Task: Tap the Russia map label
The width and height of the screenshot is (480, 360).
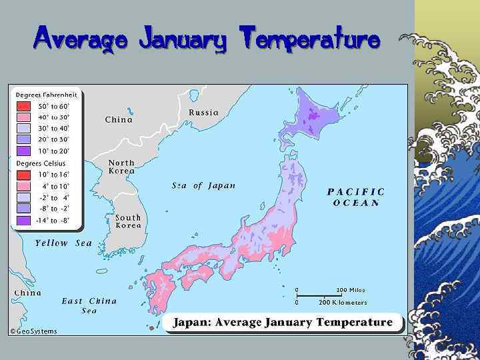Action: [x=203, y=113]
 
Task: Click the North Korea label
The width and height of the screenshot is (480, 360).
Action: [x=121, y=167]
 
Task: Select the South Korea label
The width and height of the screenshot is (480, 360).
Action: [x=128, y=221]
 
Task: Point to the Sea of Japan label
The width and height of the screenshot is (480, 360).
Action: [x=203, y=185]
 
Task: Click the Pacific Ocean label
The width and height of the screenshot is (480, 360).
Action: [x=356, y=197]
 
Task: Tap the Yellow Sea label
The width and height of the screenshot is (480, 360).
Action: [x=63, y=243]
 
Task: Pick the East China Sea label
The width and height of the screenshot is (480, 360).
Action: [x=89, y=305]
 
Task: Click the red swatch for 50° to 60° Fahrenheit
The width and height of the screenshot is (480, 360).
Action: [x=23, y=106]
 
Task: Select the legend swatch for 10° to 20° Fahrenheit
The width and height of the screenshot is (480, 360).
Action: [x=23, y=151]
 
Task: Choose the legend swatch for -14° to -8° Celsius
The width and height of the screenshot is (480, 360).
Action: [x=23, y=220]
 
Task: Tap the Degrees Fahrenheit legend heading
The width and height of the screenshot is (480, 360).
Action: [x=47, y=95]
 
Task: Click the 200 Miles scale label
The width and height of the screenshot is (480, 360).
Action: [x=351, y=290]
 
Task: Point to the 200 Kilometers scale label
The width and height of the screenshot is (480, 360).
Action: [x=343, y=302]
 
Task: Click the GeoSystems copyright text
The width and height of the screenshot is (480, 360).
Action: [x=33, y=331]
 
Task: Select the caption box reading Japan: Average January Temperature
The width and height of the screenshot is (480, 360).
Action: [x=283, y=323]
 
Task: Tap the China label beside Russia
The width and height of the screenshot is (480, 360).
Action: [x=119, y=120]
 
